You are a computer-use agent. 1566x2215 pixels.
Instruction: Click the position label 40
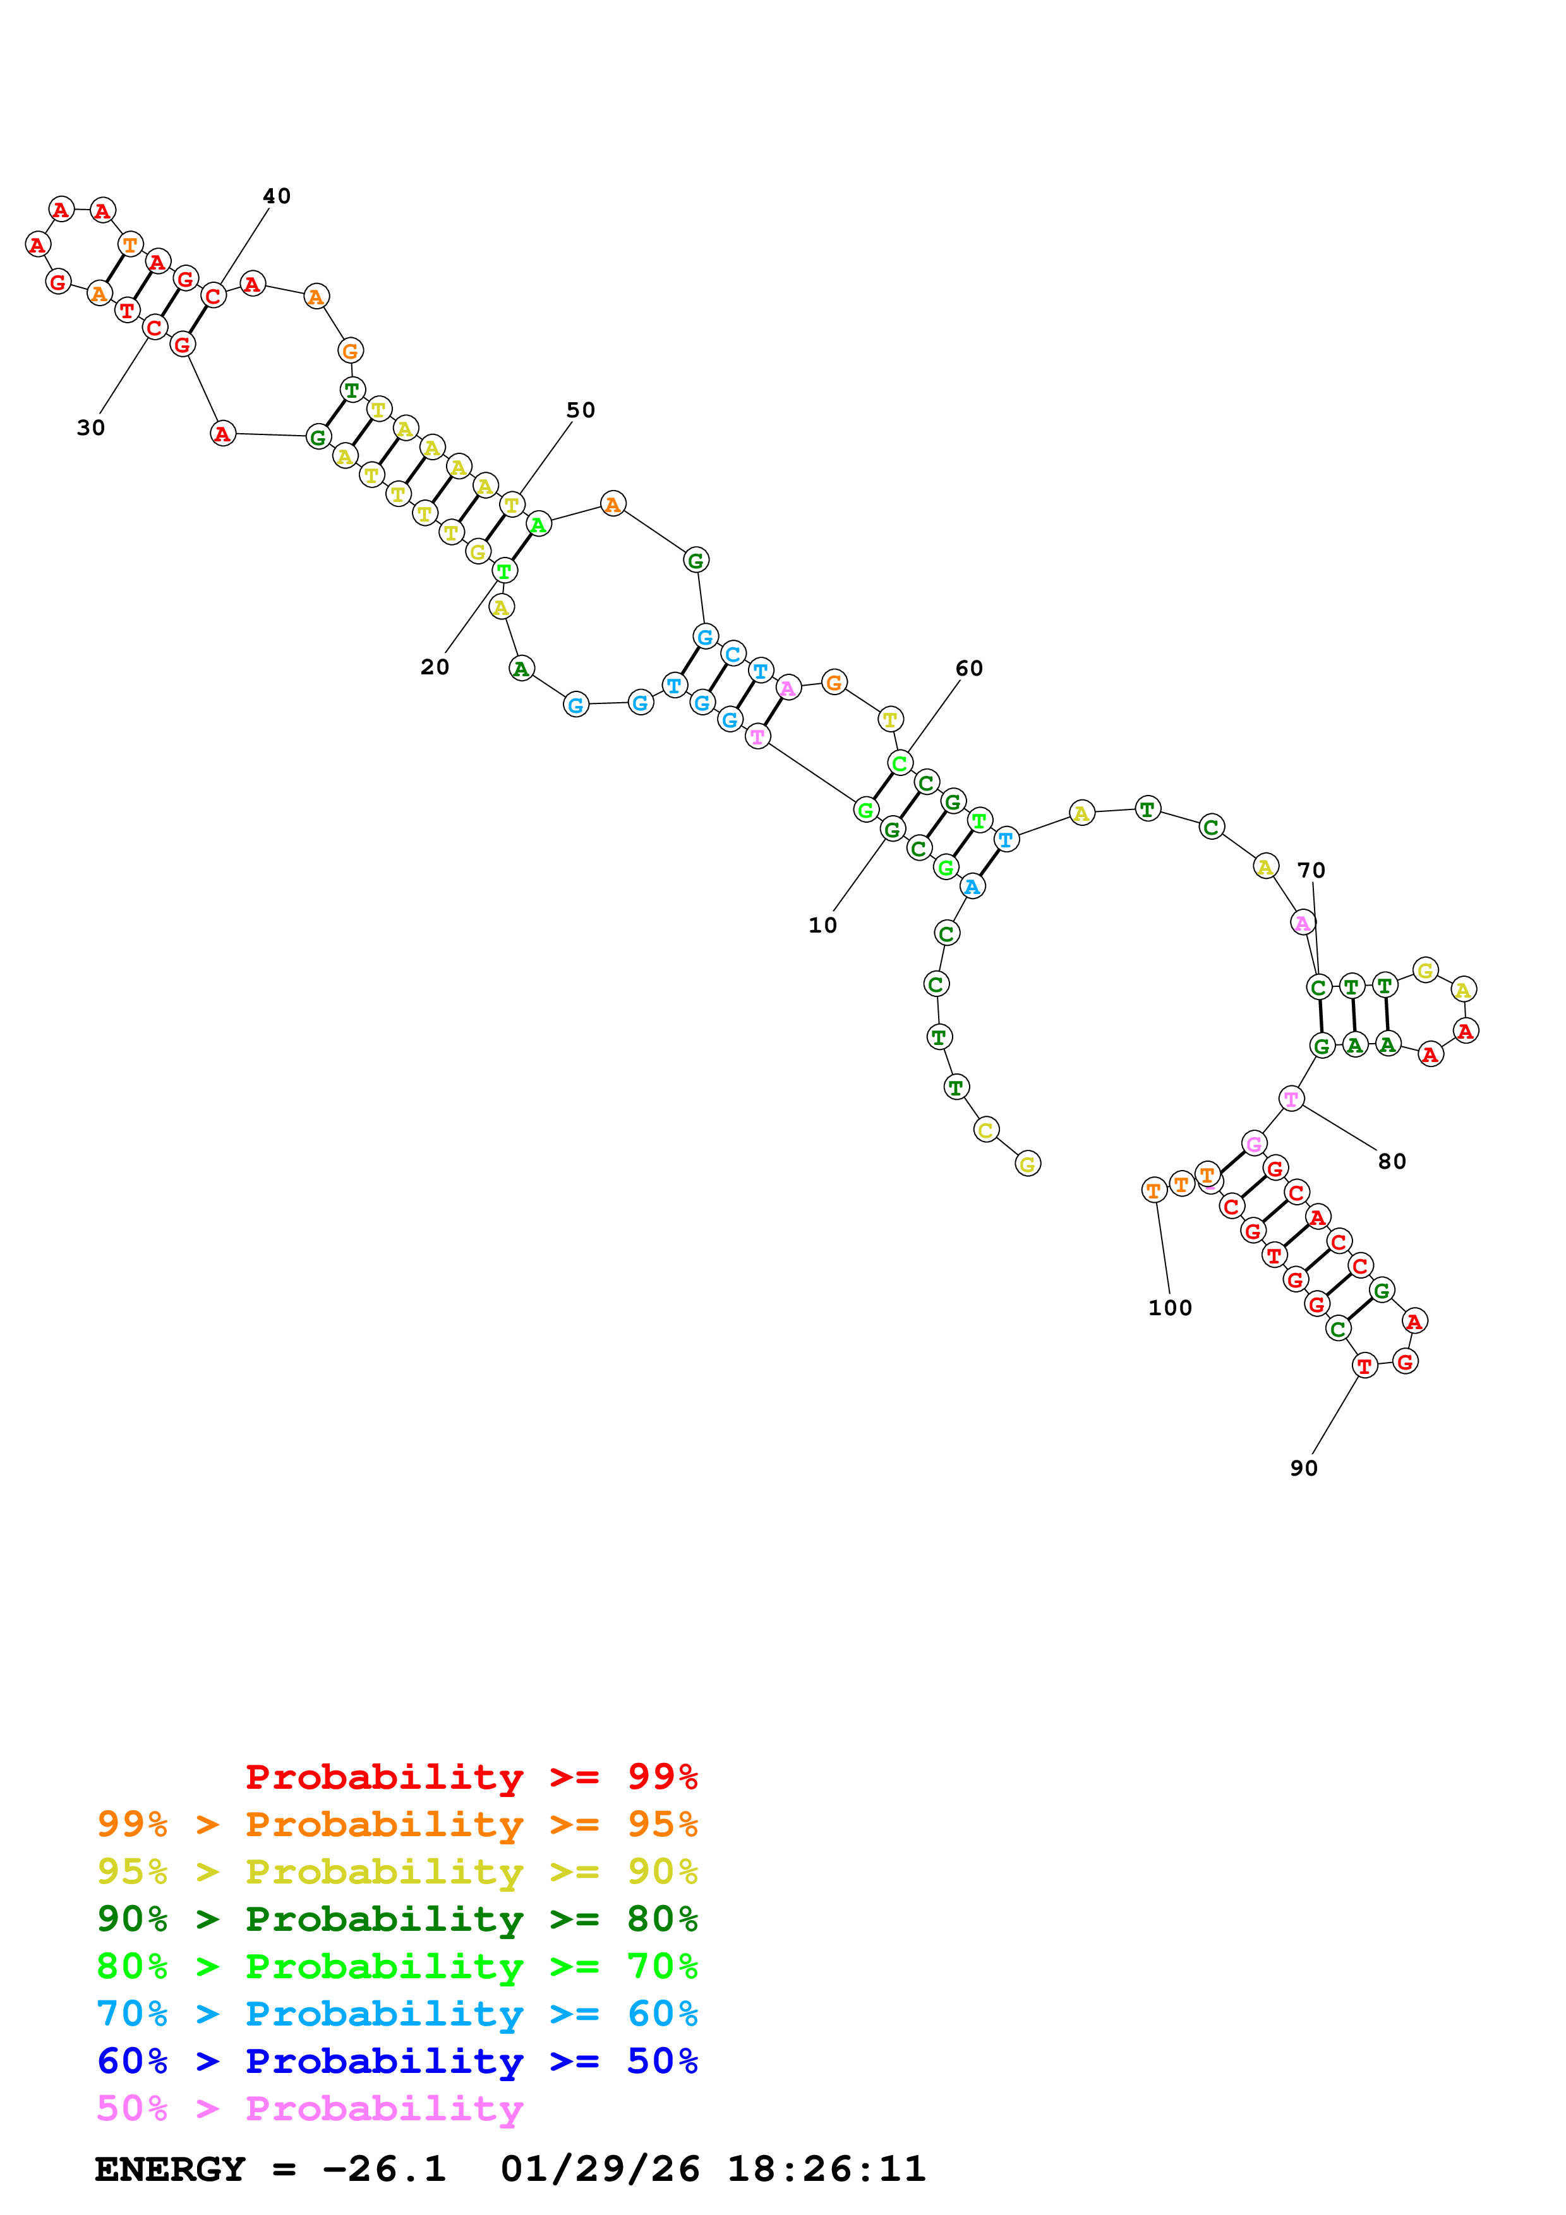pyautogui.click(x=276, y=196)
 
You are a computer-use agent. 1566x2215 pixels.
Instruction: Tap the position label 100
pyautogui.click(x=1169, y=1307)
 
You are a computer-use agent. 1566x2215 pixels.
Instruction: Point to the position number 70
pyautogui.click(x=1310, y=870)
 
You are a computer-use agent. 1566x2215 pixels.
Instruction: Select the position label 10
pyautogui.click(x=822, y=925)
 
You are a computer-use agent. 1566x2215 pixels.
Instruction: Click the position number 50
pyautogui.click(x=580, y=410)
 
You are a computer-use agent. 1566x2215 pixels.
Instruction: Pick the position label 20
pyautogui.click(x=434, y=667)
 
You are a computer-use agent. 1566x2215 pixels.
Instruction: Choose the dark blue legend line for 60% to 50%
pyautogui.click(x=397, y=2061)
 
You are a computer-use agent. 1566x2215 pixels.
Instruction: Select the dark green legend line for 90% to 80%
pyautogui.click(x=397, y=1919)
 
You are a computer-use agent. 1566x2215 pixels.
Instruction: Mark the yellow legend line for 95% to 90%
pyautogui.click(x=397, y=1872)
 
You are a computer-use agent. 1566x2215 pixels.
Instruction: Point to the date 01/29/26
pyautogui.click(x=599, y=2169)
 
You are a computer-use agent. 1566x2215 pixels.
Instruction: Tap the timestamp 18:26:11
pyautogui.click(x=826, y=2169)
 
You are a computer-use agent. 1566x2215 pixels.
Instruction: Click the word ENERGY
pyautogui.click(x=170, y=2169)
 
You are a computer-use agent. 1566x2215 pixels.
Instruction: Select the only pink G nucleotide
pyautogui.click(x=1253, y=1144)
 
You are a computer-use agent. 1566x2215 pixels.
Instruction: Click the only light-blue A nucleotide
pyautogui.click(x=972, y=887)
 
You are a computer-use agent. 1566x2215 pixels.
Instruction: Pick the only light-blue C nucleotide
pyautogui.click(x=733, y=654)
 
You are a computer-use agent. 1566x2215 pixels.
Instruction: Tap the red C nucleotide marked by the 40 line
pyautogui.click(x=214, y=296)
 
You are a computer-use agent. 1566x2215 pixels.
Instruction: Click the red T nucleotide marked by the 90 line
pyautogui.click(x=1363, y=1365)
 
